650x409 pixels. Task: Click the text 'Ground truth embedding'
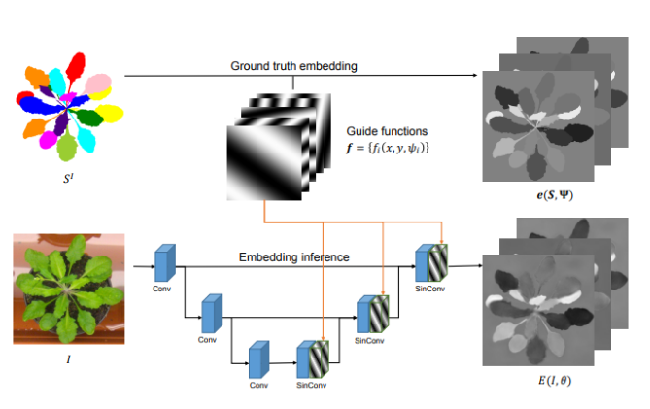294,66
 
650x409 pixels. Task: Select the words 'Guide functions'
387,130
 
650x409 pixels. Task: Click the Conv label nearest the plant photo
162,289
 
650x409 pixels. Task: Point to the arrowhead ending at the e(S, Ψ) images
478,76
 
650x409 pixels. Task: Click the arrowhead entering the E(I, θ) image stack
478,263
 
